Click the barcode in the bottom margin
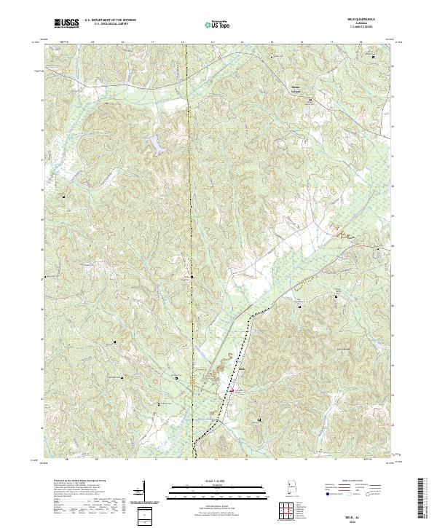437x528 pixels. (422, 499)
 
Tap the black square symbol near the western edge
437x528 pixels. (63, 196)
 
